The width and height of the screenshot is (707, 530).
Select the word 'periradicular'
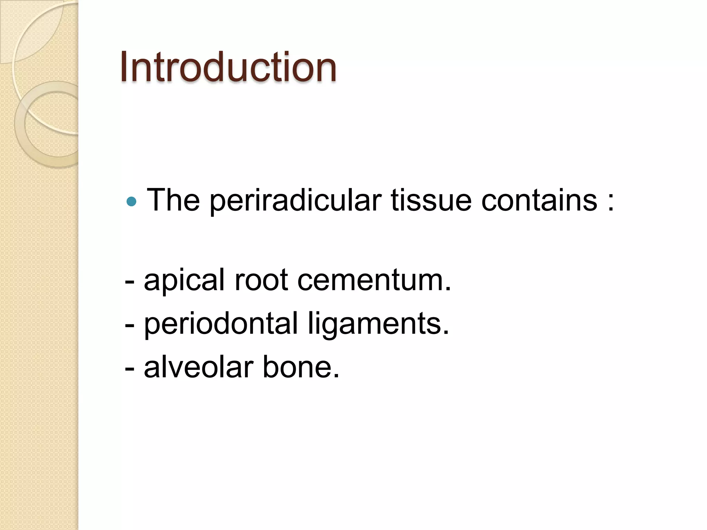point(296,201)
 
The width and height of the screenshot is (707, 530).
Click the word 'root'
point(261,281)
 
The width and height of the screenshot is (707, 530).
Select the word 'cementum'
point(371,281)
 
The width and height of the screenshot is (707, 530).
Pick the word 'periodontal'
point(221,324)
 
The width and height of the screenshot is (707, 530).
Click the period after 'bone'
point(337,375)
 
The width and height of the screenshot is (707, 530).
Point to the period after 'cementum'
point(448,289)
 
